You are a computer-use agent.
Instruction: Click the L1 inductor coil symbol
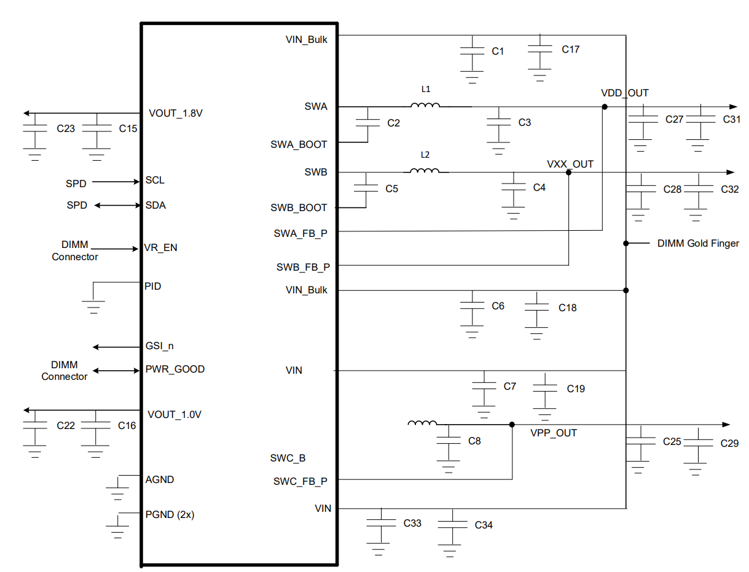[x=425, y=105]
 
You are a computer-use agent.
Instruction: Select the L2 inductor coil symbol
[x=425, y=171]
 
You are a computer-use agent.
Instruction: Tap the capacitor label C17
[x=570, y=49]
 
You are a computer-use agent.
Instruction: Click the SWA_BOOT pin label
[x=299, y=144]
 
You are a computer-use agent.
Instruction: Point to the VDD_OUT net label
[x=624, y=93]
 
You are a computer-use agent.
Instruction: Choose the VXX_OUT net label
[x=570, y=164]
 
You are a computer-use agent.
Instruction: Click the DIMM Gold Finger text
[x=698, y=243]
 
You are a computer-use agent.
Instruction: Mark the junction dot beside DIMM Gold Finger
[x=626, y=243]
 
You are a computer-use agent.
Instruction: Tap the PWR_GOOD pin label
[x=175, y=369]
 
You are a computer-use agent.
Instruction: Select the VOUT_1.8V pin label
[x=175, y=113]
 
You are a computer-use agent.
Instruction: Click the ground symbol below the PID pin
[x=93, y=307]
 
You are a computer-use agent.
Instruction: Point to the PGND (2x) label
[x=170, y=514]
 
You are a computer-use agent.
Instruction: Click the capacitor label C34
[x=483, y=525]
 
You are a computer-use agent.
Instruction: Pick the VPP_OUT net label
[x=554, y=433]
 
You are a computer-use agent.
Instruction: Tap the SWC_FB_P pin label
[x=300, y=481]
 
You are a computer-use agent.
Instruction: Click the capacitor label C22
[x=66, y=425]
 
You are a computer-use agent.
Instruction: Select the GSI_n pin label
[x=159, y=346]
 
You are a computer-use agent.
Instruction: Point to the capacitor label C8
[x=474, y=441]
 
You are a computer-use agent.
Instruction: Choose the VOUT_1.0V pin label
[x=175, y=415]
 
